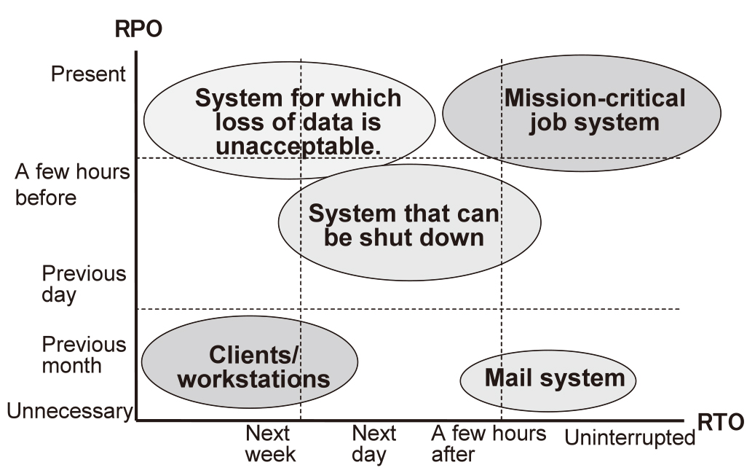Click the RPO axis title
pos(138,29)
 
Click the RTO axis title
pos(720,423)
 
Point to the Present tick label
pos(88,74)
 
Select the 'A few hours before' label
pos(72,184)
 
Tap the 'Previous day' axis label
pos(84,284)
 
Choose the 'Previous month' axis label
pos(84,355)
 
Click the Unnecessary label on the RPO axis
pos(69,411)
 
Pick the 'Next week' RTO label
pos(270,444)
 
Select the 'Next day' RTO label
pos(373,444)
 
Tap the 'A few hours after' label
pos(489,444)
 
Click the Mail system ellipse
pos(548,381)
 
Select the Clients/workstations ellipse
pos(250,362)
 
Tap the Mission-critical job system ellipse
pos(582,113)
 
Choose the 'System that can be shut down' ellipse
pos(409,222)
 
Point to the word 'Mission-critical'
pos(595,98)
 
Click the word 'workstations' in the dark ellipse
pos(254,380)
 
